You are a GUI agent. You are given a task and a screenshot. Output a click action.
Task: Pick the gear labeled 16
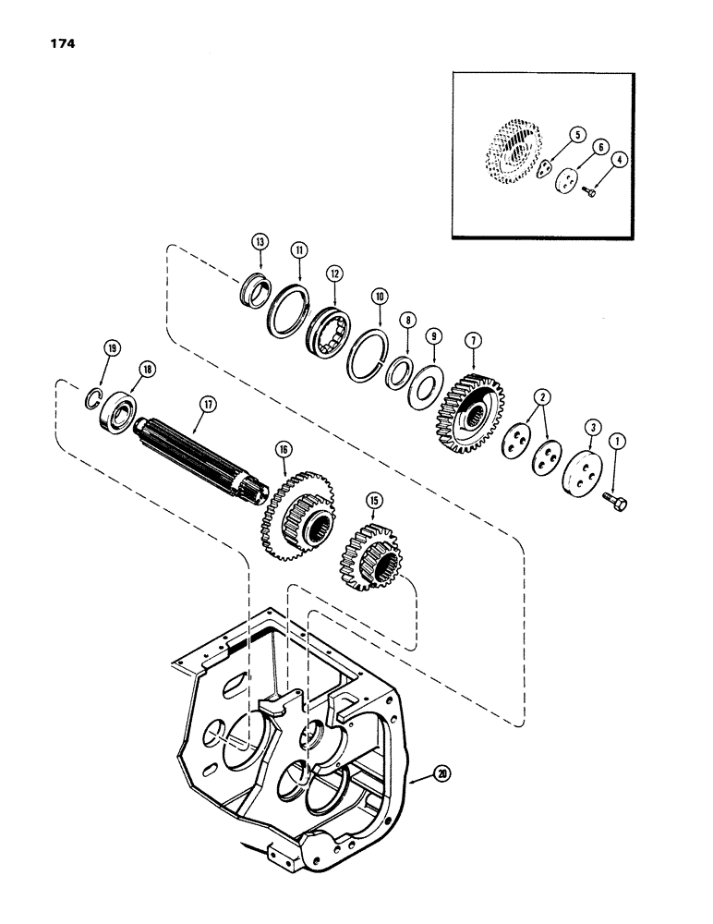(295, 513)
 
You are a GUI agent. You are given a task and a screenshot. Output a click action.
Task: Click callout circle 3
(588, 428)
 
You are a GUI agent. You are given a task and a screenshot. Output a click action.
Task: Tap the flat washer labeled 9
(426, 382)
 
